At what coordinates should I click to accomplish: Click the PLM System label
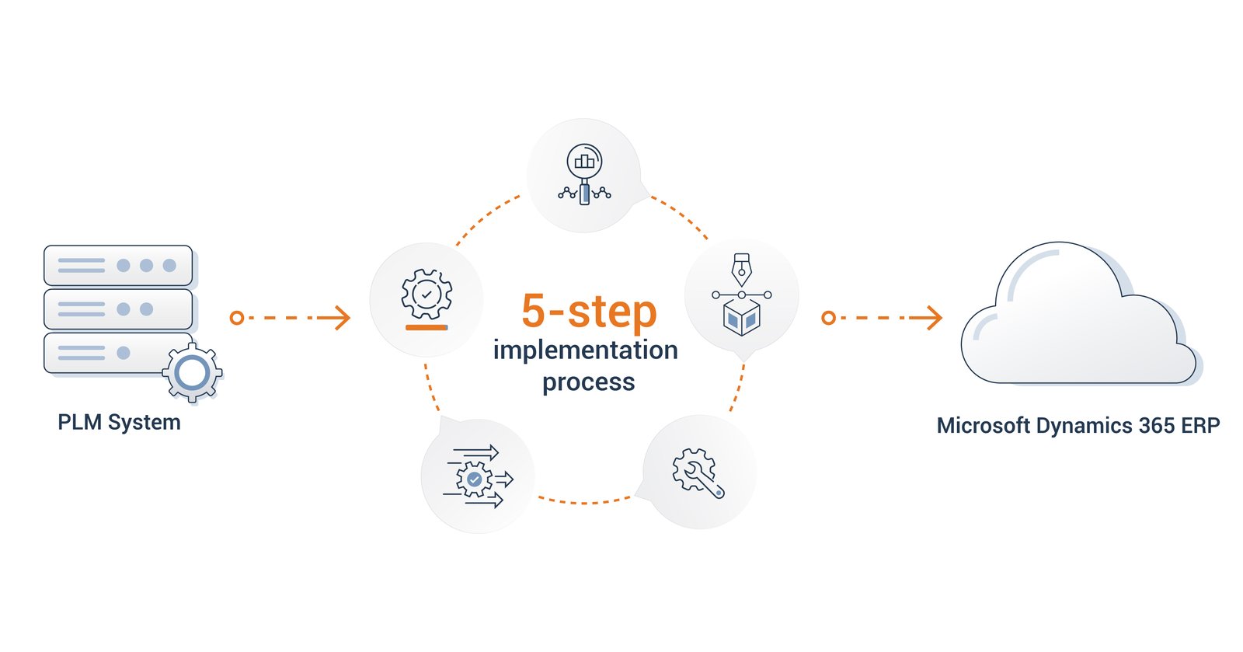click(x=119, y=422)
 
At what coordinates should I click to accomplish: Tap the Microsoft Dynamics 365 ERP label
click(x=1078, y=426)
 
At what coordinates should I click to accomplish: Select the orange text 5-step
click(x=589, y=312)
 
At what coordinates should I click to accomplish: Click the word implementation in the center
click(x=585, y=350)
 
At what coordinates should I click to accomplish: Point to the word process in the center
click(x=588, y=382)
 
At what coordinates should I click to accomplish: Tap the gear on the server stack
click(x=192, y=372)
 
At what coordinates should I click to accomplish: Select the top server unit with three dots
click(x=118, y=266)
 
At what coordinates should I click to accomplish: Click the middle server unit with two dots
click(x=118, y=309)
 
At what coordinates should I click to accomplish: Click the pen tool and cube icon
click(x=741, y=295)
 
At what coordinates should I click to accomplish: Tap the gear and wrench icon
click(x=698, y=472)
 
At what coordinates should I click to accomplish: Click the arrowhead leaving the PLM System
click(x=339, y=317)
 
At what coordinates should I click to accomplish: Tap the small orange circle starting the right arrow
click(x=829, y=317)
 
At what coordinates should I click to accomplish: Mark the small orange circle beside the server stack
click(x=237, y=317)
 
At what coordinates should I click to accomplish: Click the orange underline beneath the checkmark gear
click(x=427, y=328)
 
